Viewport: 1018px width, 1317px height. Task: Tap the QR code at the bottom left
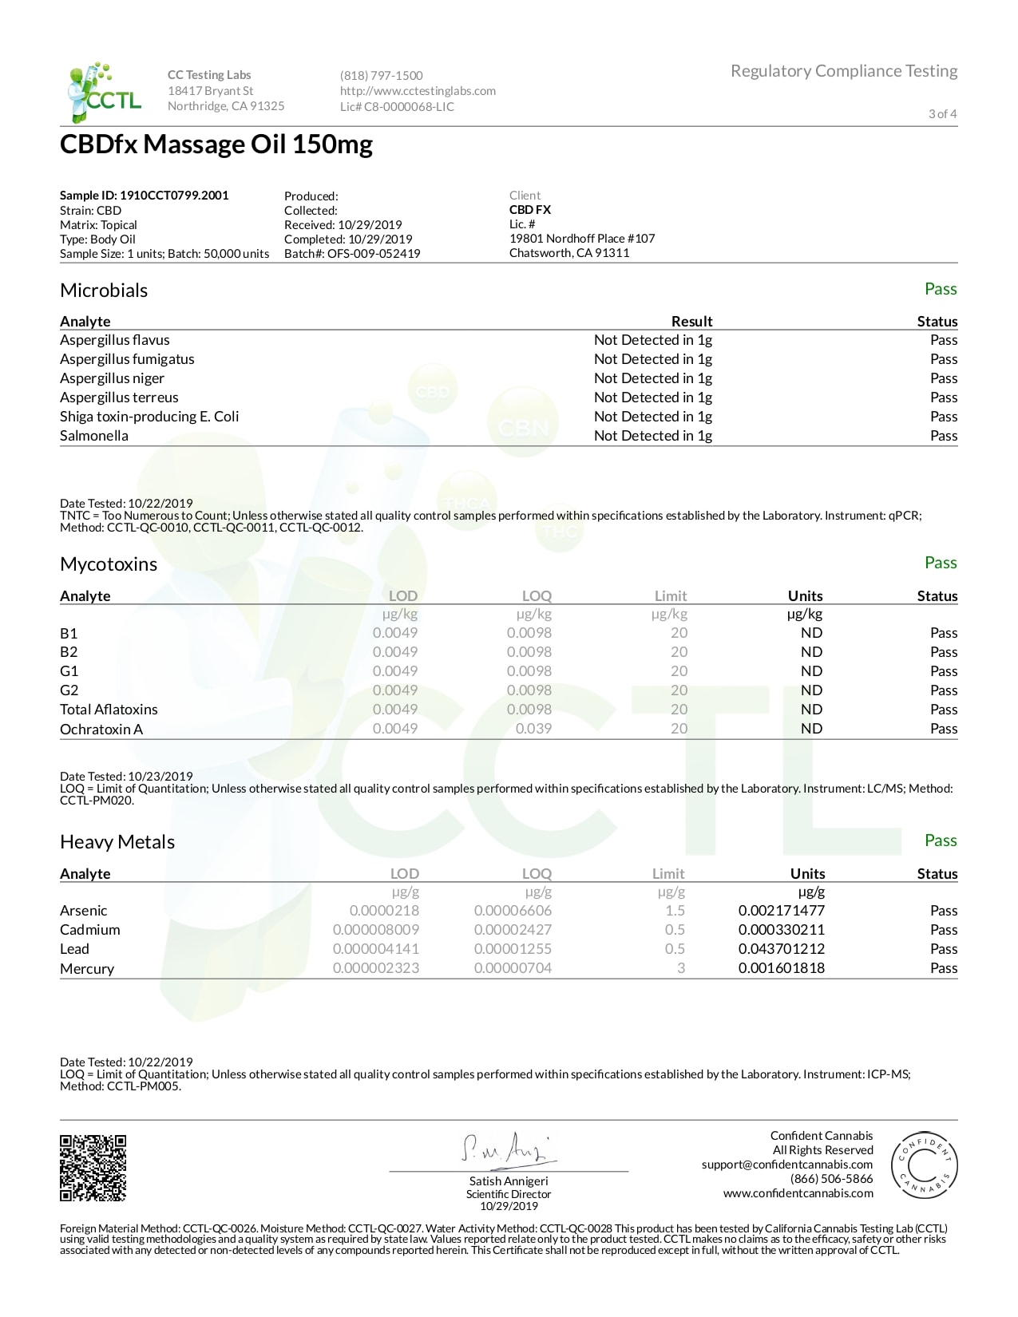pos(93,1167)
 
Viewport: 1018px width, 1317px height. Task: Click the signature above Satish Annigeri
pos(508,1149)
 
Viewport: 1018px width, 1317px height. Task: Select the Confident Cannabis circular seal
pos(924,1165)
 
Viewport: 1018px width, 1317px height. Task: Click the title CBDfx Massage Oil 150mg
pos(216,145)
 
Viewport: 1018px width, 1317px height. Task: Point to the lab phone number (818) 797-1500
pos(382,76)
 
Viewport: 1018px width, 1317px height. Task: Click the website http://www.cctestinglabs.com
pos(418,91)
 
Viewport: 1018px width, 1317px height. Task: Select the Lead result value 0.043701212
pos(781,949)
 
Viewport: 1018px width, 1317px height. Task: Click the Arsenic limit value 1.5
pos(675,911)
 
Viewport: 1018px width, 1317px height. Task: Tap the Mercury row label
pos(87,969)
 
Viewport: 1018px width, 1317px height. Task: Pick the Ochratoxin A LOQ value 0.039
pos(533,729)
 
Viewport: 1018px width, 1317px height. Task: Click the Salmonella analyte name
pos(94,436)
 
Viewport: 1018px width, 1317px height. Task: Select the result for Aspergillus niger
pos(652,378)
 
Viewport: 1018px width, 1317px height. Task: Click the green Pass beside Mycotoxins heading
pos(940,563)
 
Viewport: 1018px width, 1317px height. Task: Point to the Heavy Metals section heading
pos(117,842)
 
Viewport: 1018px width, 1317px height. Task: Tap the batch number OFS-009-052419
pos(373,254)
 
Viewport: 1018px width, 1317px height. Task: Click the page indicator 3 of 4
pos(942,114)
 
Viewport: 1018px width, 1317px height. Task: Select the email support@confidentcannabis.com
pos(787,1165)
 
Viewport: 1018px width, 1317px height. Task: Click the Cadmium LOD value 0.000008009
pos(375,930)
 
